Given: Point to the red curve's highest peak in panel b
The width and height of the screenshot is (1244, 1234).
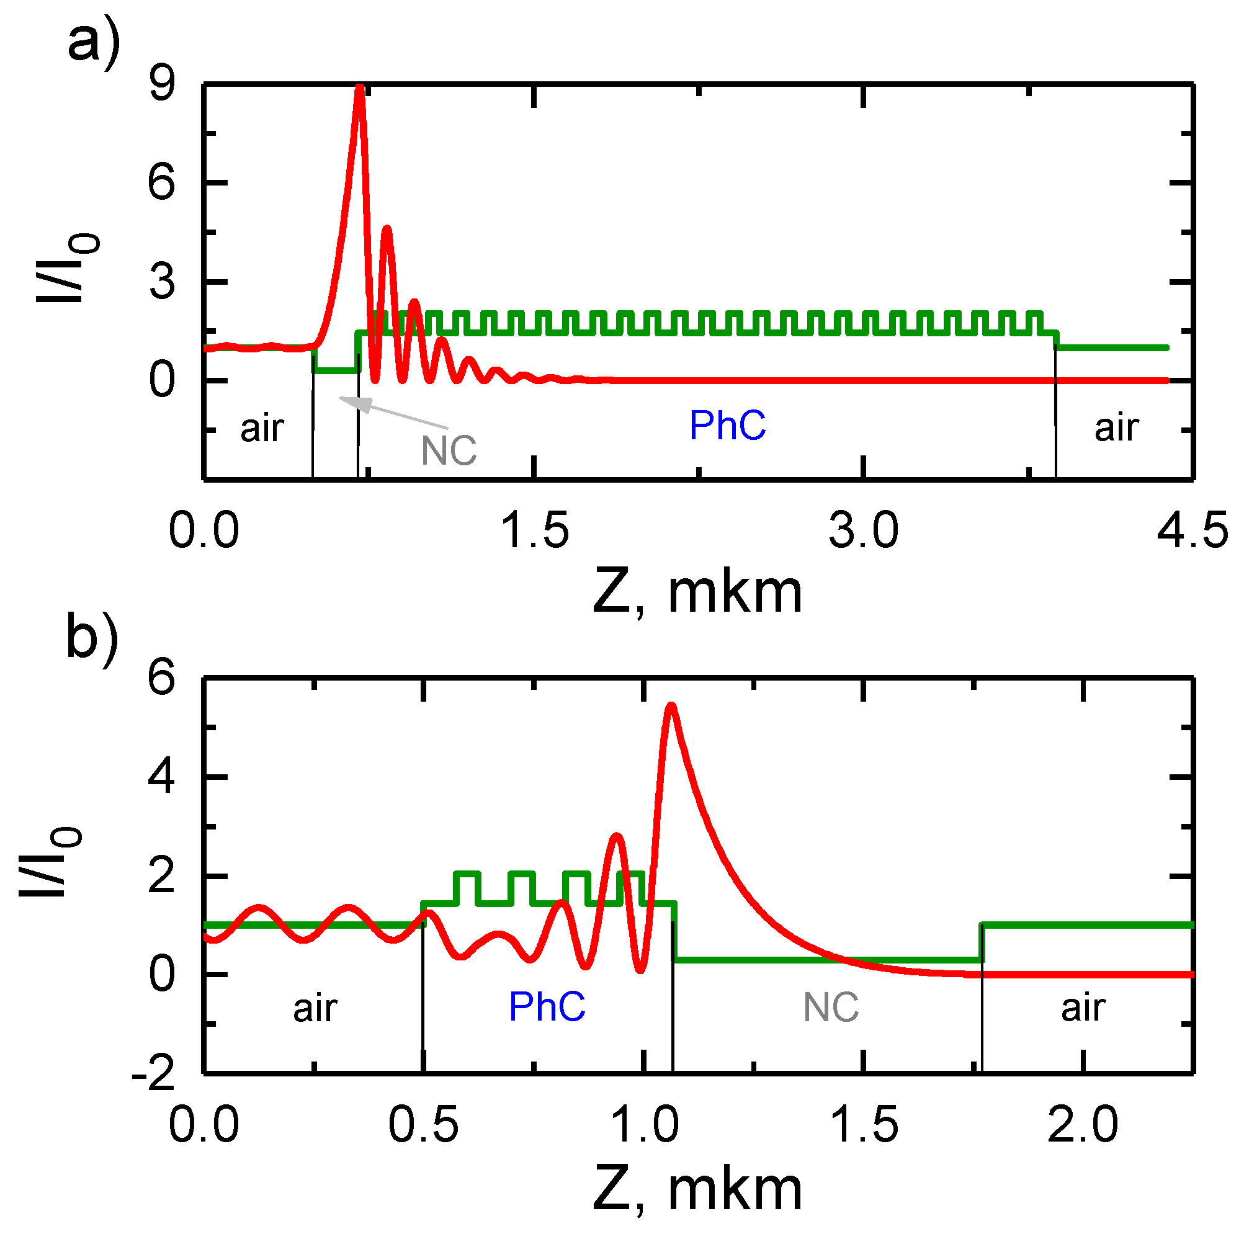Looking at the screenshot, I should pyautogui.click(x=671, y=706).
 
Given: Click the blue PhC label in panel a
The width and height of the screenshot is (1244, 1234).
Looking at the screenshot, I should pyautogui.click(x=728, y=426).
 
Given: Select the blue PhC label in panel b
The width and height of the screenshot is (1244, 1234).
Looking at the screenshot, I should pyautogui.click(x=547, y=1007).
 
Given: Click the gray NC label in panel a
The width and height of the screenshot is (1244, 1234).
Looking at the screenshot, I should pyautogui.click(x=449, y=451).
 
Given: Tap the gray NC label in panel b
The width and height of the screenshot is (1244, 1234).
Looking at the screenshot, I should pyautogui.click(x=831, y=1008).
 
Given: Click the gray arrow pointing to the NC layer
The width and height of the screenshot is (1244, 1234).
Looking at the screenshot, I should pyautogui.click(x=393, y=413).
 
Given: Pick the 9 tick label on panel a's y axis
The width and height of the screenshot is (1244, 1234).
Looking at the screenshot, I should pyautogui.click(x=161, y=84).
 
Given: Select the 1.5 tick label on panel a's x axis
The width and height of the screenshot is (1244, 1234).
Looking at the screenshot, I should pyautogui.click(x=534, y=532).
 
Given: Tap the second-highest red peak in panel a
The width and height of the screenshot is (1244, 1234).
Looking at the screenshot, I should pyautogui.click(x=387, y=229).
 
